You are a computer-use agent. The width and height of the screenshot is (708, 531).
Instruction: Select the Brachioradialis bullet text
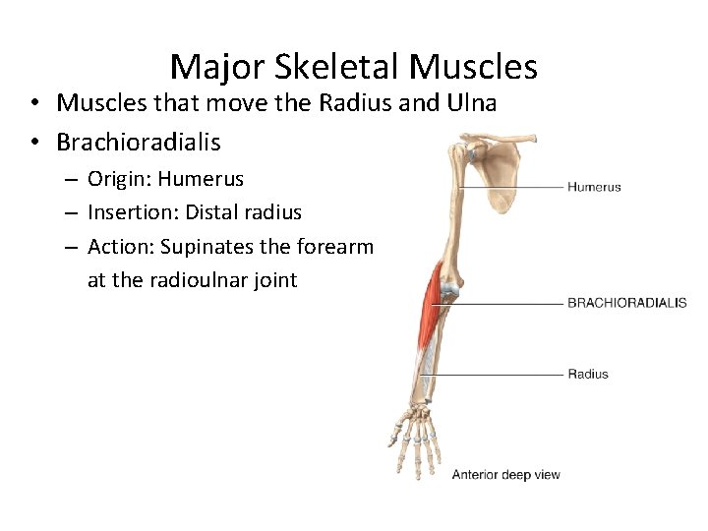pyautogui.click(x=139, y=142)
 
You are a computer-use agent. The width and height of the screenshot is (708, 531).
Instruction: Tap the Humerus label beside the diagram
pyautogui.click(x=594, y=187)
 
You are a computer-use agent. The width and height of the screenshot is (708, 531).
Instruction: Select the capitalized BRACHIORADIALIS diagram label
pyautogui.click(x=626, y=303)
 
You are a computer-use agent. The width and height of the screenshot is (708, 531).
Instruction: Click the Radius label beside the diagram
pyautogui.click(x=587, y=374)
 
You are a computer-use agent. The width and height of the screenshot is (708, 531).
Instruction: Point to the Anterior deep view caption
pyautogui.click(x=505, y=475)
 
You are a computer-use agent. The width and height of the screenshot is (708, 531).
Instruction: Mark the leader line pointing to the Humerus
pyautogui.click(x=511, y=187)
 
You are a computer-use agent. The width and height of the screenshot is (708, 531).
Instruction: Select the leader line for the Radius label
pyautogui.click(x=497, y=374)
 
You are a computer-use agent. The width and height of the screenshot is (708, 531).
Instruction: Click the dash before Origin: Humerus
pyautogui.click(x=73, y=180)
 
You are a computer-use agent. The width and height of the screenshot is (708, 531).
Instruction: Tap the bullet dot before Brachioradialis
pyautogui.click(x=33, y=143)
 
